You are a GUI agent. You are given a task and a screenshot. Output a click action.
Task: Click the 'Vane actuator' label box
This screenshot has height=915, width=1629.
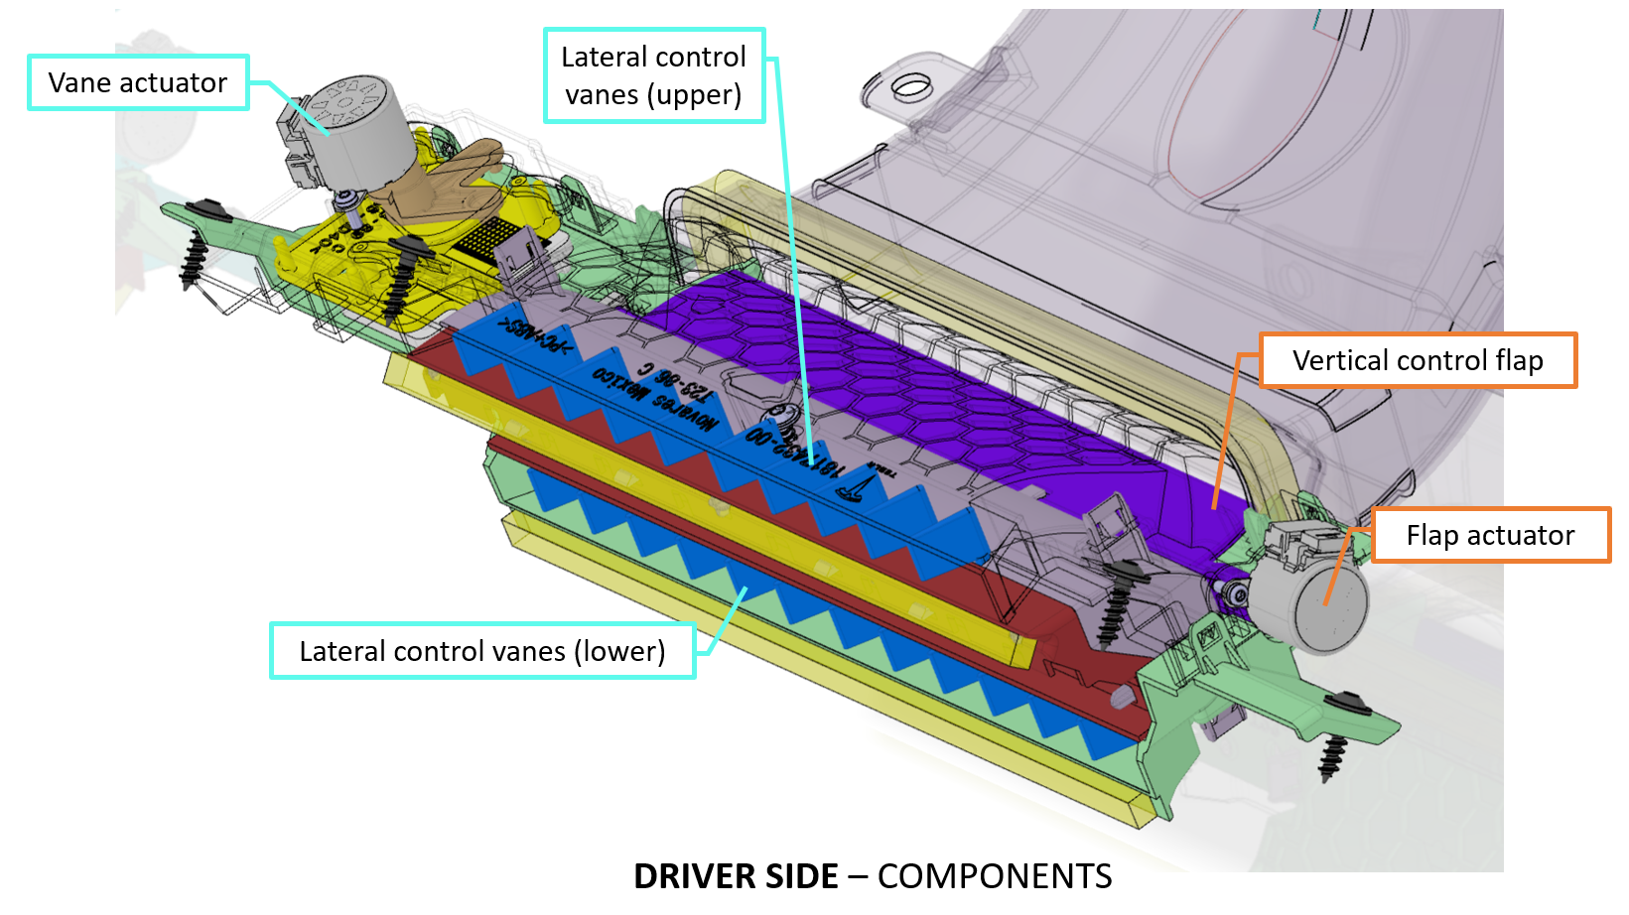click(138, 82)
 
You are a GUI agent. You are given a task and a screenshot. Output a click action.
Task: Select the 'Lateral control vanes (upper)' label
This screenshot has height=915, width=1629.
click(654, 75)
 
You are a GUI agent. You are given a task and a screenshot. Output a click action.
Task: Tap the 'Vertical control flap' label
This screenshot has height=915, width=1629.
click(1418, 360)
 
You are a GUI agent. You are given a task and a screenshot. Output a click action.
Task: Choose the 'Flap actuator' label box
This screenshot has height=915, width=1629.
click(1490, 536)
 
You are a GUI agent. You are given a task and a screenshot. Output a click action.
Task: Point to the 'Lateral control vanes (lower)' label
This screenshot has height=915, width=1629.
click(482, 651)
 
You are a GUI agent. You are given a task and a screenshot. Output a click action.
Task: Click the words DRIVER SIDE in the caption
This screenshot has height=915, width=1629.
click(736, 876)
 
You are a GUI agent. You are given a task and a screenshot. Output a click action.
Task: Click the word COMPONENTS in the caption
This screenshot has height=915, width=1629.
click(995, 876)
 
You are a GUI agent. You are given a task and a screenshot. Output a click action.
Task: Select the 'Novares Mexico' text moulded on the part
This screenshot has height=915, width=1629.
click(655, 397)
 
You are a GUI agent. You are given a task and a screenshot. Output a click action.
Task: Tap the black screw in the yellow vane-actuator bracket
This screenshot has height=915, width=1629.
click(402, 278)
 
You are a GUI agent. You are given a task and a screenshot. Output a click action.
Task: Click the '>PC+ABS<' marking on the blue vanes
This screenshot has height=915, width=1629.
click(536, 337)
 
